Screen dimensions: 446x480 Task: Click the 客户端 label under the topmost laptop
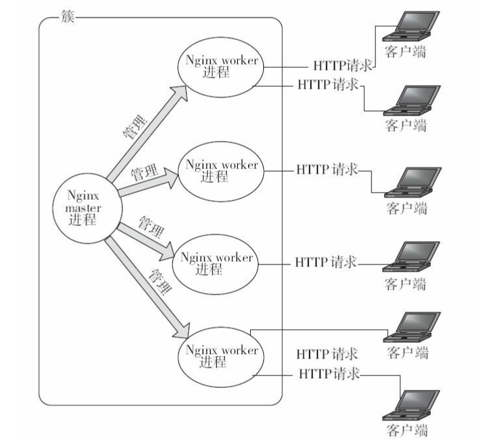405,52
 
